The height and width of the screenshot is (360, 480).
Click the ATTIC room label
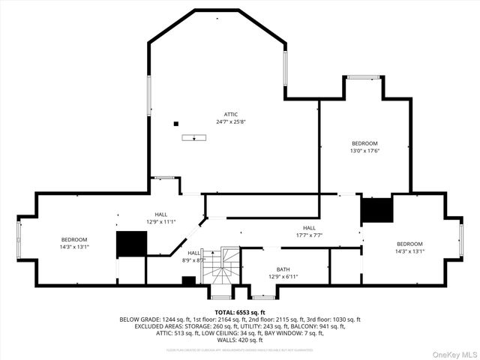point(232,114)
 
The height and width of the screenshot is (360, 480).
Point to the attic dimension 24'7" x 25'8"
point(232,121)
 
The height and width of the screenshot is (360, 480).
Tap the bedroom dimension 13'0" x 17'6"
point(365,150)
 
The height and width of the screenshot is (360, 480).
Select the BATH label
point(283,269)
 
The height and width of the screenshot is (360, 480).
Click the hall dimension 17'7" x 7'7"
point(309,235)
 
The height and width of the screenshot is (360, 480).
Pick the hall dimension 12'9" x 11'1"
point(160,221)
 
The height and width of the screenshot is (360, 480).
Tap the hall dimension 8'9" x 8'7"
point(194,260)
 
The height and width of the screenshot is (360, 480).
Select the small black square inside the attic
point(175,124)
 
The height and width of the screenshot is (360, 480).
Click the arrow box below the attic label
point(193,137)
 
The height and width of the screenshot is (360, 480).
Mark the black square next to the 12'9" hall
point(131,244)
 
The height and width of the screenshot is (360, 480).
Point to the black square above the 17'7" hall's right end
point(376,210)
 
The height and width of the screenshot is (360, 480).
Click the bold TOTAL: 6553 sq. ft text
point(240,312)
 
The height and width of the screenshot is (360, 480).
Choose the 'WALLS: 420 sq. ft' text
point(240,340)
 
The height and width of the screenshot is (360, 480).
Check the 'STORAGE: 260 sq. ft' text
point(212,326)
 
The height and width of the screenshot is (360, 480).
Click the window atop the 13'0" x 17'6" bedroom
point(364,76)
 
